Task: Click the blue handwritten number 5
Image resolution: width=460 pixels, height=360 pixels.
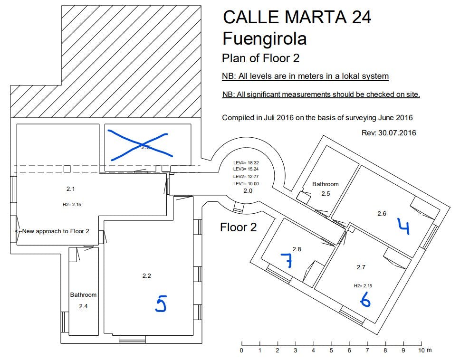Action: pos(161,303)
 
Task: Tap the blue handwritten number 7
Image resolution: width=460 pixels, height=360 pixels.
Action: pos(287,261)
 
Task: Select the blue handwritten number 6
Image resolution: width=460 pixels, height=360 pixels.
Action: pos(365,300)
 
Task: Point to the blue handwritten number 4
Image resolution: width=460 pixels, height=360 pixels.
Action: pos(403,227)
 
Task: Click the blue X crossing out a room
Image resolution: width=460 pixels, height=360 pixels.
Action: pos(140,145)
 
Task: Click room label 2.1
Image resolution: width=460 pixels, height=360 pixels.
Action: pos(70,189)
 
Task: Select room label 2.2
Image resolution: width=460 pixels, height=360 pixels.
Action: pos(147,276)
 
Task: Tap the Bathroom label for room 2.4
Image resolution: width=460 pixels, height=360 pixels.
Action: pos(83,295)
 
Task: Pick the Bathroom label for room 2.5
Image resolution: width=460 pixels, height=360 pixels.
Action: pos(326,184)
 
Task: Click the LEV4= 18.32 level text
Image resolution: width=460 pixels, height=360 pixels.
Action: pos(246,163)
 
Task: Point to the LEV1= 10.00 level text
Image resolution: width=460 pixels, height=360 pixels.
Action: pos(246,184)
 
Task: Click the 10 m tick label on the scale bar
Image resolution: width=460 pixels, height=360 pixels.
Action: pos(425,351)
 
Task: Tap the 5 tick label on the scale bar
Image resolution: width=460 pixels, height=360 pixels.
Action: pos(331,351)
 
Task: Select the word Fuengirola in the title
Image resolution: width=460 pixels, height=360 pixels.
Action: pos(265,38)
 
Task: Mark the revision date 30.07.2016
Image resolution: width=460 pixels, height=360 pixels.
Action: pos(397,133)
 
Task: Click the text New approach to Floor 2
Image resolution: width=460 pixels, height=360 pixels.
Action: pos(56,231)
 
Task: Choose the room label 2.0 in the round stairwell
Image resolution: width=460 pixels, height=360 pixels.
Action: pos(248,191)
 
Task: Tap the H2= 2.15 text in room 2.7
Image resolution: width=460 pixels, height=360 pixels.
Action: pos(363,286)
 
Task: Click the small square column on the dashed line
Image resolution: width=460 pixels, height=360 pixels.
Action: pos(67,169)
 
